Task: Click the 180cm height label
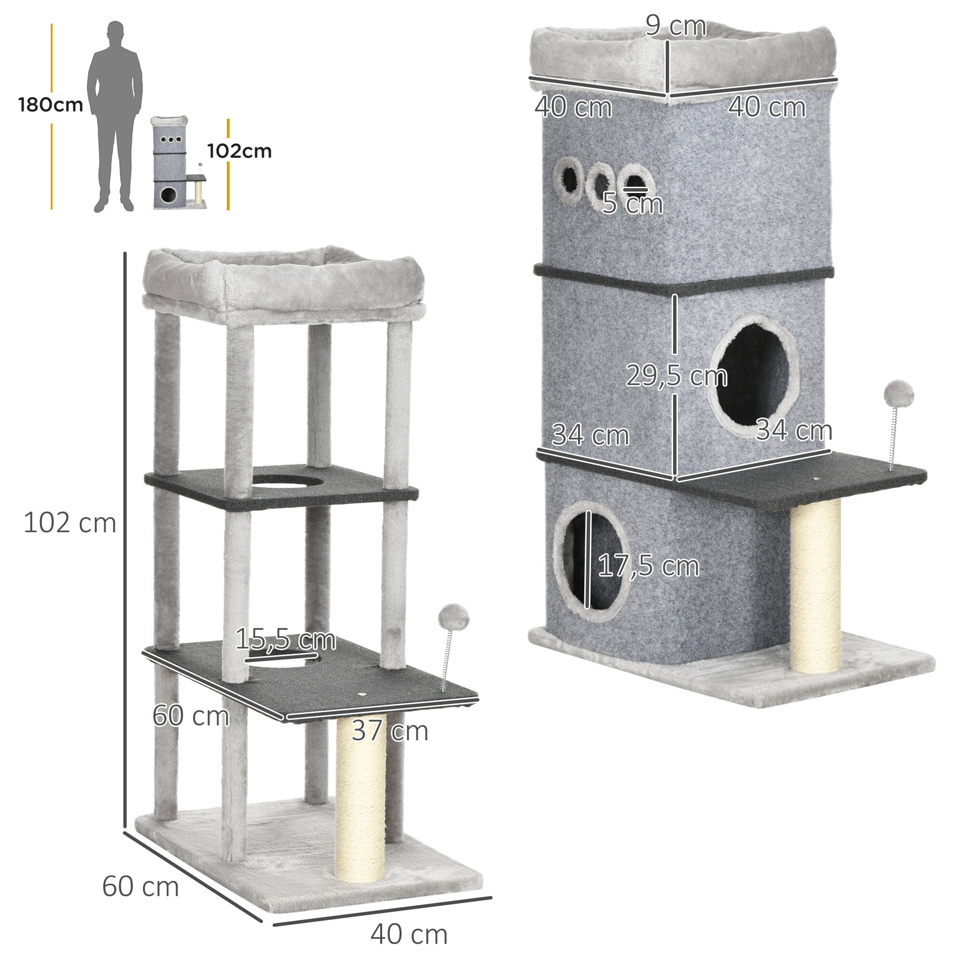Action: tap(51, 105)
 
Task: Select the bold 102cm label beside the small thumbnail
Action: tap(239, 151)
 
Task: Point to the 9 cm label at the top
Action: tap(675, 26)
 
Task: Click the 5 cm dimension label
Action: tap(633, 204)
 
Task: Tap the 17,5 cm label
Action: tap(648, 566)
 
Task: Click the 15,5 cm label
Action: tap(285, 639)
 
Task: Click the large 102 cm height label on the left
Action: tap(69, 524)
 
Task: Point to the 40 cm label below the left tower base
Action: tap(409, 934)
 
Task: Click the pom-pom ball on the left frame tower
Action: tap(454, 618)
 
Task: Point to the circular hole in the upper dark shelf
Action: tap(287, 481)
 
